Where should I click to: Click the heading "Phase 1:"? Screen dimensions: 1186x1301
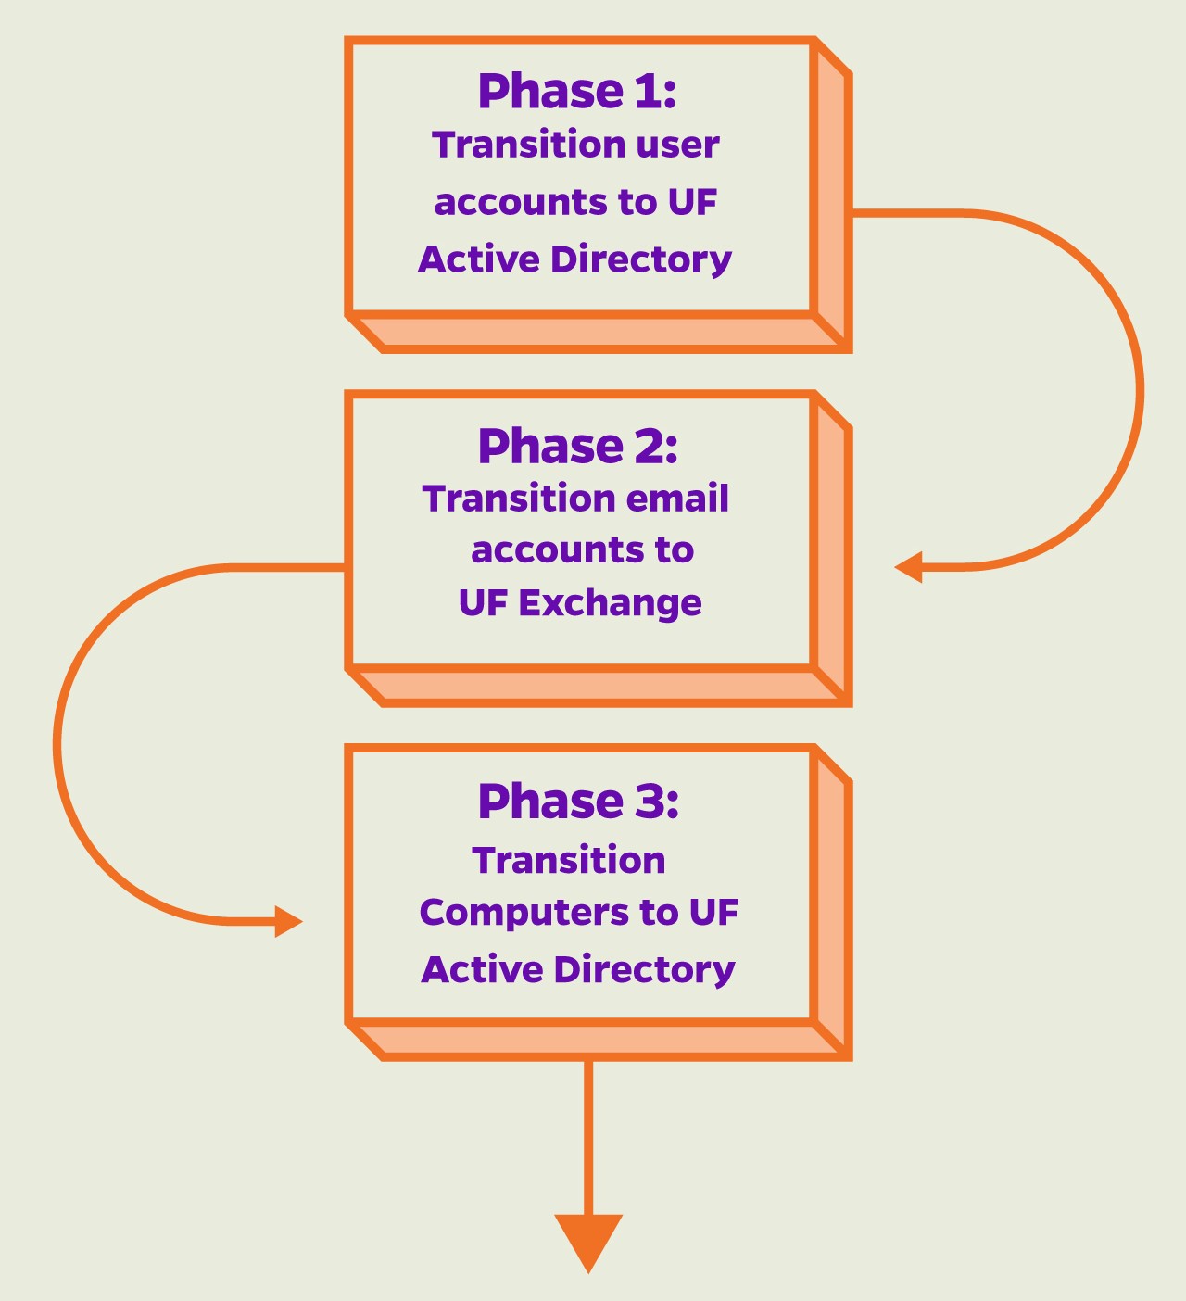pyautogui.click(x=577, y=91)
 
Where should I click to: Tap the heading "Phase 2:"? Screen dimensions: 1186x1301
pyautogui.click(x=578, y=447)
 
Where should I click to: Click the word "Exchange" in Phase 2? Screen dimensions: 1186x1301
pyautogui.click(x=610, y=603)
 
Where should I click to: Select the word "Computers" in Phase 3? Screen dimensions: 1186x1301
pyautogui.click(x=524, y=913)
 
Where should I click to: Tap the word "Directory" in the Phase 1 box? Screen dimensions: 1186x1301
pyautogui.click(x=641, y=260)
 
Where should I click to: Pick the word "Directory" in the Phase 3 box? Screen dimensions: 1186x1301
pyautogui.click(x=644, y=971)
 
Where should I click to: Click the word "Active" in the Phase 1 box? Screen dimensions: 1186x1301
pyautogui.click(x=479, y=259)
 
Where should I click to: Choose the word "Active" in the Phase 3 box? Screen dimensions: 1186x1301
pyautogui.click(x=482, y=969)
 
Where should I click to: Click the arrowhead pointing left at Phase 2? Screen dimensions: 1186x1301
pyautogui.click(x=908, y=567)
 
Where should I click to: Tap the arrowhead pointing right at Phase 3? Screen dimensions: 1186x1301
pyautogui.click(x=289, y=922)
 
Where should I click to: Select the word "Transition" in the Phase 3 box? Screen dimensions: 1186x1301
pyautogui.click(x=569, y=861)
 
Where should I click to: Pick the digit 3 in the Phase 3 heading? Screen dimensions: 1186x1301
pyautogui.click(x=649, y=802)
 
